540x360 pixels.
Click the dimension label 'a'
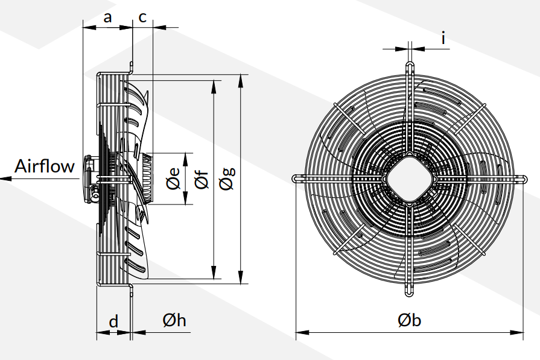[x=107, y=17]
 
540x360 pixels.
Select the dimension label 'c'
[x=142, y=17]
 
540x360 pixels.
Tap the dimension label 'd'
[x=113, y=321]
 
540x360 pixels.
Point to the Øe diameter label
[x=173, y=178]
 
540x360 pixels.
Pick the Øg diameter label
[x=228, y=178]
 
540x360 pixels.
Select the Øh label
[x=174, y=321]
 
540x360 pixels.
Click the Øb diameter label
[x=409, y=321]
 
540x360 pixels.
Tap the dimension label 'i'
[x=443, y=39]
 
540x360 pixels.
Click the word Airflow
[x=45, y=166]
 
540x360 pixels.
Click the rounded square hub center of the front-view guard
[x=409, y=178]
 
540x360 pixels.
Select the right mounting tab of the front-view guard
[x=521, y=178]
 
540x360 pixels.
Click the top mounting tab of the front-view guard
[x=409, y=66]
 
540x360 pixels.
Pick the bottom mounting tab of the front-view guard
[x=409, y=291]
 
